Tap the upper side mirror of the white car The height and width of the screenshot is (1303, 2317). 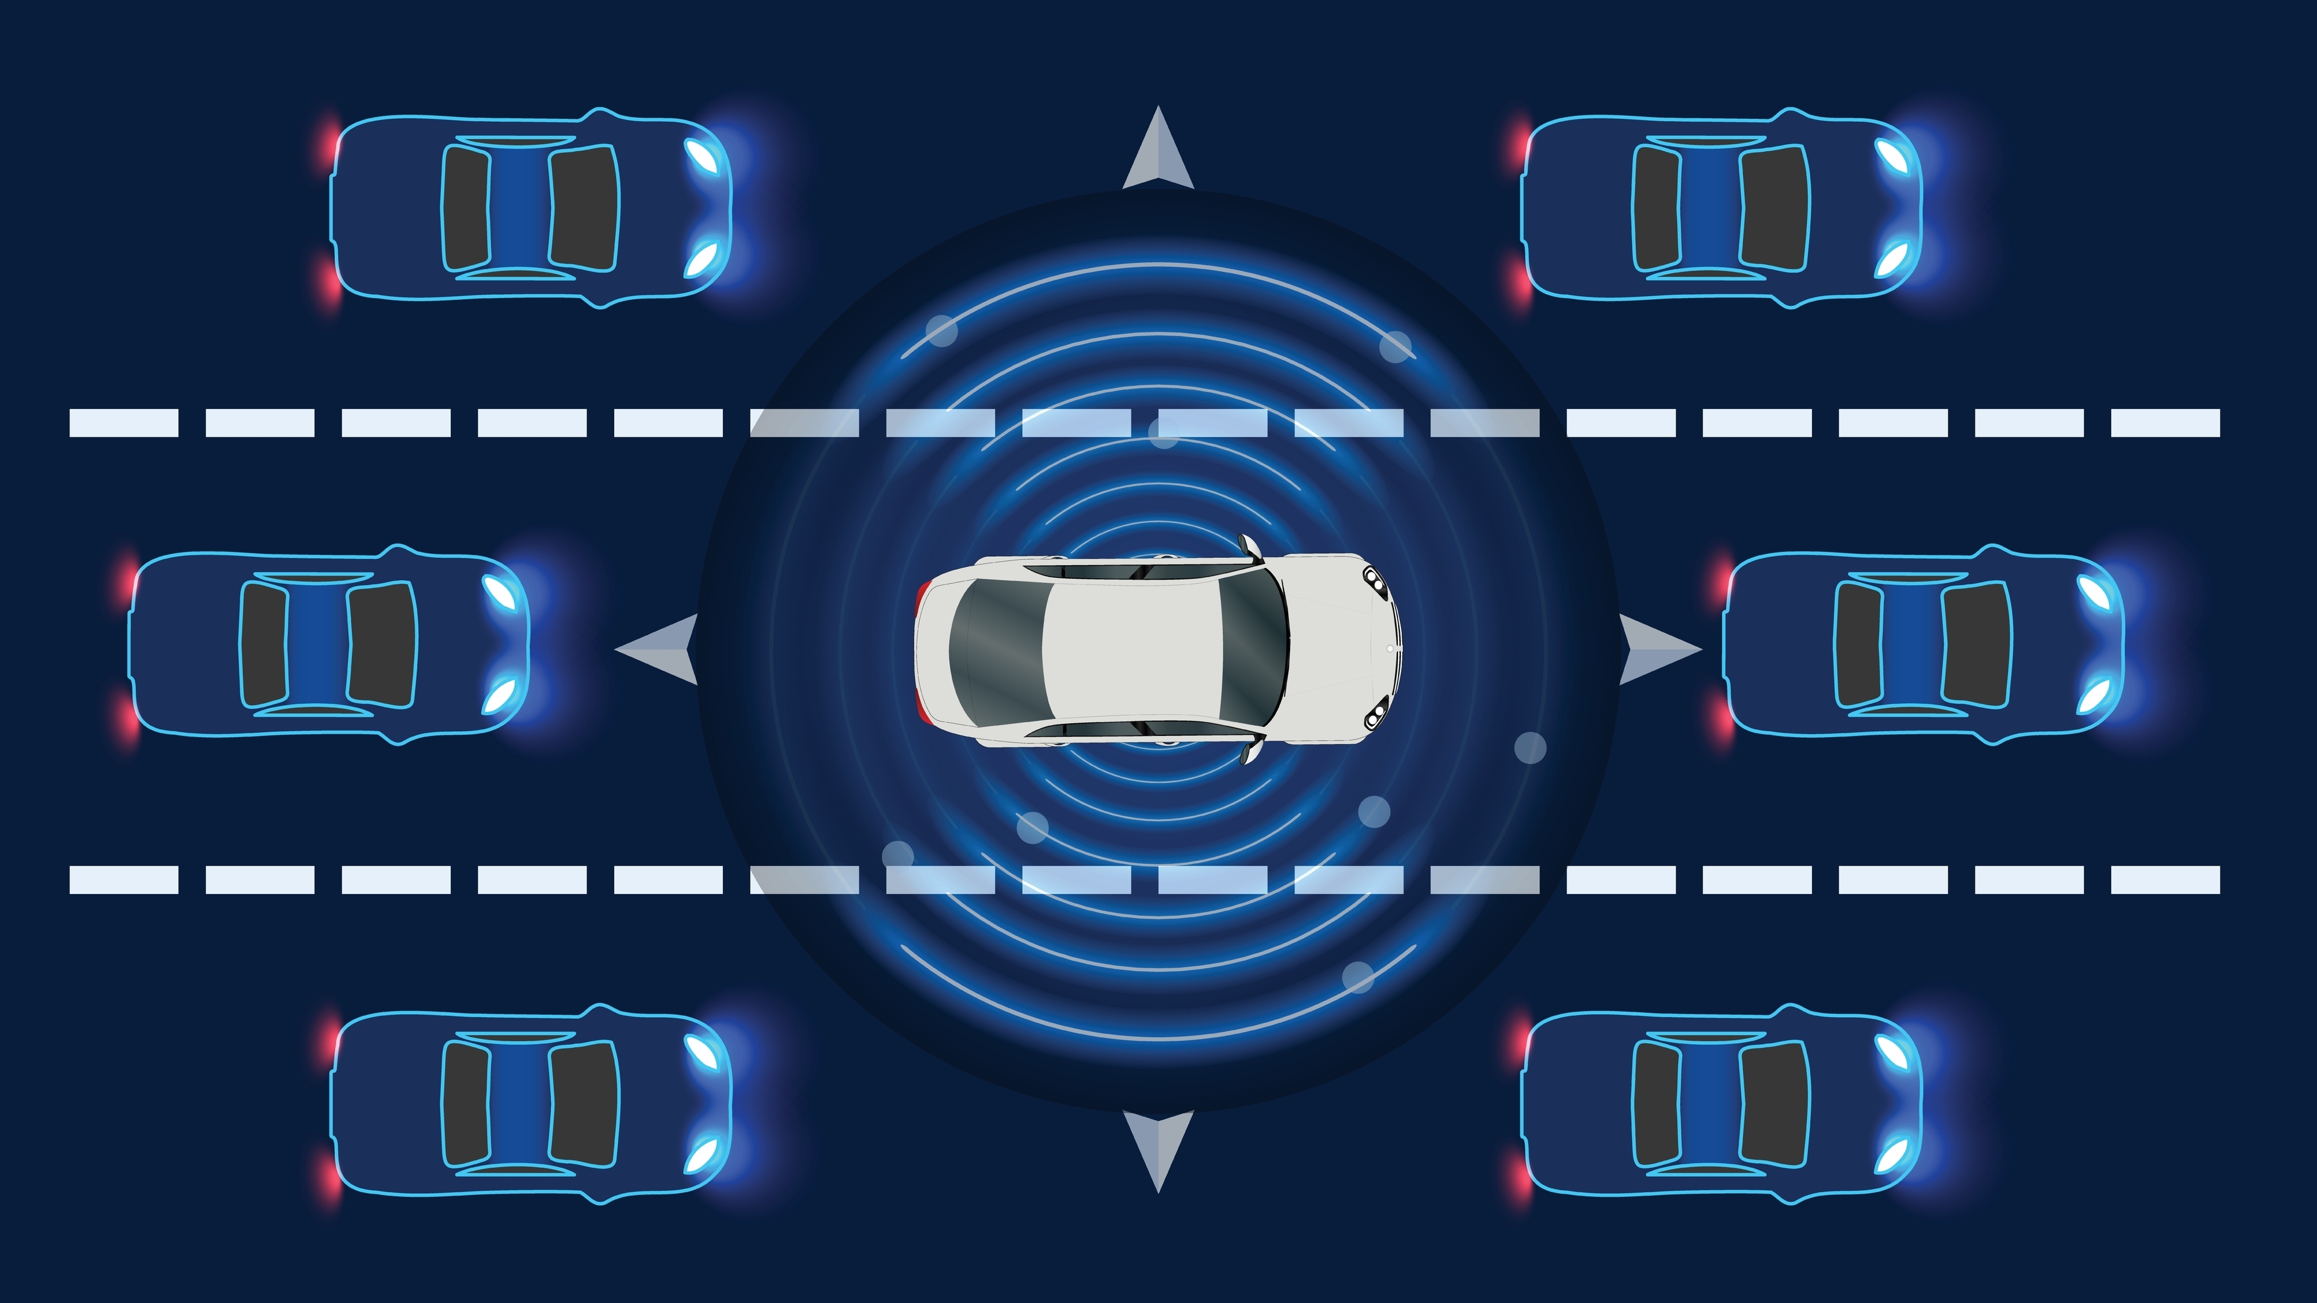pyautogui.click(x=1248, y=545)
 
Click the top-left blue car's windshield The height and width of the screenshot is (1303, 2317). pyautogui.click(x=585, y=209)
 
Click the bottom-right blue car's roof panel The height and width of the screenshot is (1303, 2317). pyautogui.click(x=1709, y=1105)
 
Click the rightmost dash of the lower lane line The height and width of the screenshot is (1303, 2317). pyautogui.click(x=2165, y=880)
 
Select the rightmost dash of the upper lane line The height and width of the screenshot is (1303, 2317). pyautogui.click(x=2165, y=423)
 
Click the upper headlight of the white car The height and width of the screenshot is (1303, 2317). pyautogui.click(x=1375, y=580)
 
